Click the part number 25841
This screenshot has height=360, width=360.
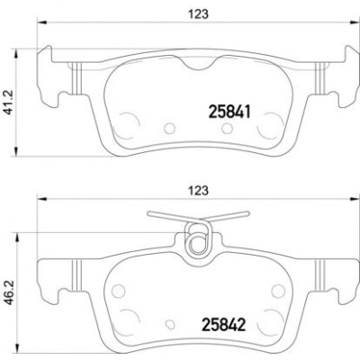tap(229, 112)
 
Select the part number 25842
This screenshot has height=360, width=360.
tap(224, 325)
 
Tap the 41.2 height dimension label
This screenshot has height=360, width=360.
tap(11, 103)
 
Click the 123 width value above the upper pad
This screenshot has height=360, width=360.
tap(198, 14)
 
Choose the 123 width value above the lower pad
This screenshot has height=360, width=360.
tap(198, 191)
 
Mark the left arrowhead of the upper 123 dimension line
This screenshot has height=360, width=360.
tap(41, 22)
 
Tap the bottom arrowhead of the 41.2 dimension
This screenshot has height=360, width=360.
tap(16, 151)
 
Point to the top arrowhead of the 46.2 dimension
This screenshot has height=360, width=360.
tap(16, 237)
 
